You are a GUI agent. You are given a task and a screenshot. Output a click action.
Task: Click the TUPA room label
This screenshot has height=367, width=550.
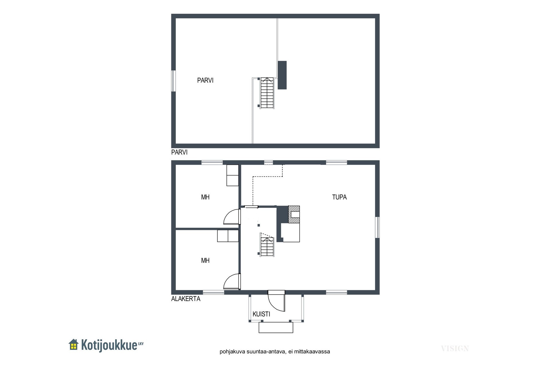pyautogui.click(x=339, y=197)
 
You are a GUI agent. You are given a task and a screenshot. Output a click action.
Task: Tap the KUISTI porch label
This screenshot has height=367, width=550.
pyautogui.click(x=261, y=314)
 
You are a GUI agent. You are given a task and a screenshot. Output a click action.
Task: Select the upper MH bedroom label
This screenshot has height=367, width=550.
pyautogui.click(x=205, y=197)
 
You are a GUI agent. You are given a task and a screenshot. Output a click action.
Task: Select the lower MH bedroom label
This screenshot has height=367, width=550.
pyautogui.click(x=205, y=260)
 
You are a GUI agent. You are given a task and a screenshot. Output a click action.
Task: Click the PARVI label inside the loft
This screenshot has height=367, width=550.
pyautogui.click(x=205, y=80)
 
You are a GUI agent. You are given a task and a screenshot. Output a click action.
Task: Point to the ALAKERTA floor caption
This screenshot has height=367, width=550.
pyautogui.click(x=186, y=299)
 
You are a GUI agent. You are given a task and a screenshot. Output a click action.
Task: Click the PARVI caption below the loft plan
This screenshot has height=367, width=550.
pyautogui.click(x=179, y=152)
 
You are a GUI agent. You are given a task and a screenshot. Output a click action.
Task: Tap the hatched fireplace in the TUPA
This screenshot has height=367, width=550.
pyautogui.click(x=294, y=214)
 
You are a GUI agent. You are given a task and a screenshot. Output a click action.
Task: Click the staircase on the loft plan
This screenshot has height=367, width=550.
pyautogui.click(x=267, y=93)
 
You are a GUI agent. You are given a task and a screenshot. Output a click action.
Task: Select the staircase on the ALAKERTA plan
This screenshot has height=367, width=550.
pyautogui.click(x=267, y=245)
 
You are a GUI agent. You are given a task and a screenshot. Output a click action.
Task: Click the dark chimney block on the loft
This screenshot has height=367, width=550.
pyautogui.click(x=282, y=75)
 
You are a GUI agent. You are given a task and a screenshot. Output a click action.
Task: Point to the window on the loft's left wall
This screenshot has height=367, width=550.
pyautogui.click(x=173, y=81)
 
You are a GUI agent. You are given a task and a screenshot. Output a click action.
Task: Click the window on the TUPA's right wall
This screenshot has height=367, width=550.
pyautogui.click(x=378, y=227)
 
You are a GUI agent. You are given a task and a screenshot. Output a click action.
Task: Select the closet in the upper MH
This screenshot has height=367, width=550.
pyautogui.click(x=233, y=175)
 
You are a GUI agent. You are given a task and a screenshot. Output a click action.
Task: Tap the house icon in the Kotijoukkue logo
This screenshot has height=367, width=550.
pyautogui.click(x=74, y=345)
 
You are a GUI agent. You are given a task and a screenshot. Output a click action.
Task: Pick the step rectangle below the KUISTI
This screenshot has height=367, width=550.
pyautogui.click(x=276, y=327)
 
